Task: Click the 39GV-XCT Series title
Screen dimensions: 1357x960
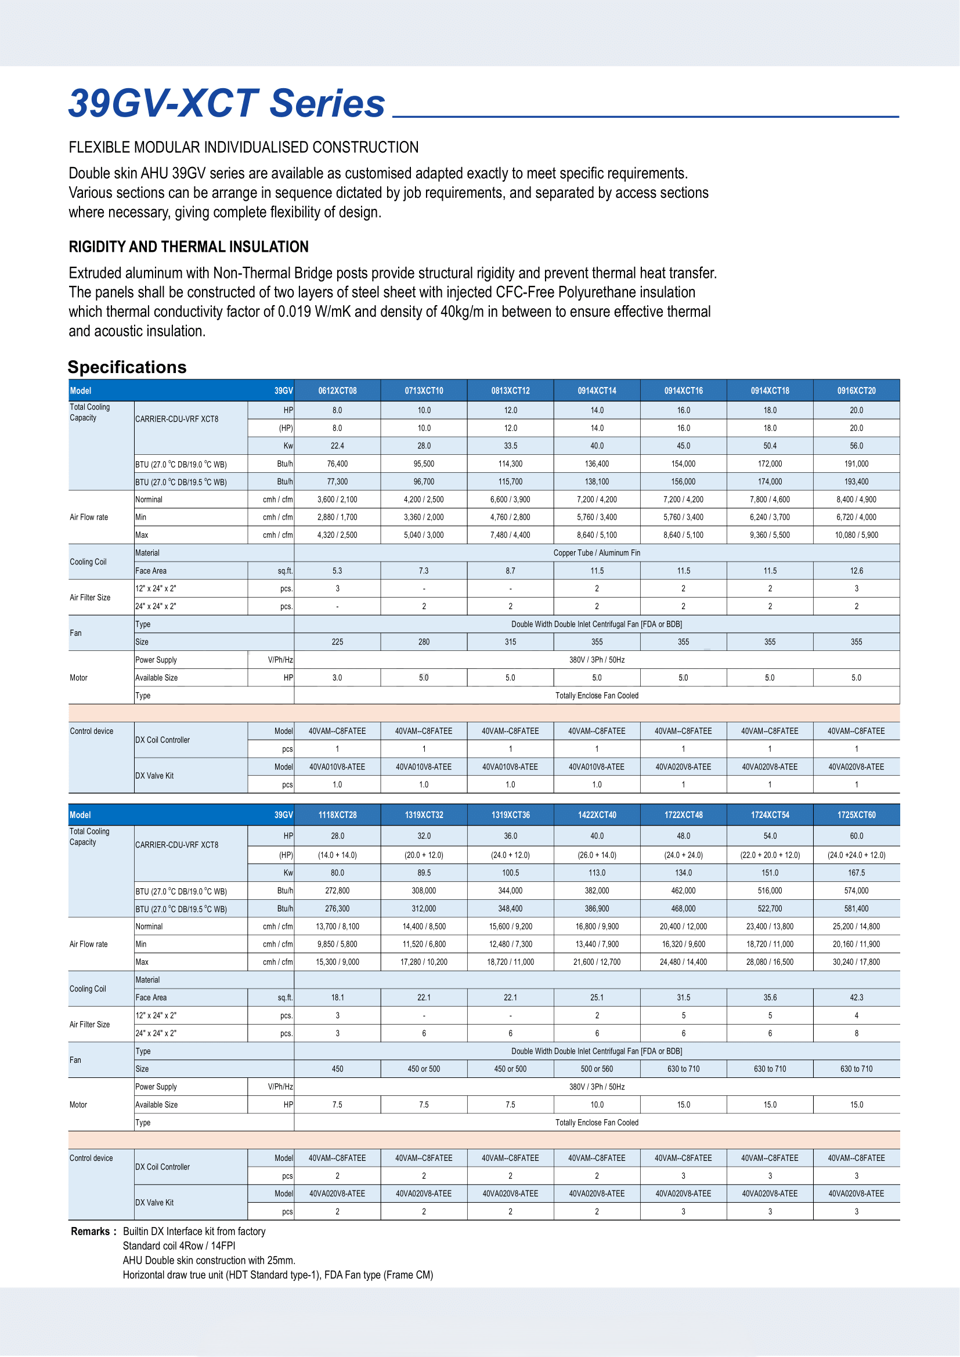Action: tap(227, 103)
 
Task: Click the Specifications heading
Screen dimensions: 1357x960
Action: tap(127, 367)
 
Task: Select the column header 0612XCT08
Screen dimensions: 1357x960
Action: tap(337, 390)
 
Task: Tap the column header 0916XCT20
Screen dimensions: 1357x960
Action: tap(856, 390)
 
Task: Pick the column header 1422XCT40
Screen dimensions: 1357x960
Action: tap(597, 815)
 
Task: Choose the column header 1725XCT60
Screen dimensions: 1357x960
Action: tap(856, 815)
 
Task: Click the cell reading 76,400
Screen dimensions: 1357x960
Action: tap(337, 464)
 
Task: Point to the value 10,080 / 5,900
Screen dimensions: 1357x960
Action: tap(856, 535)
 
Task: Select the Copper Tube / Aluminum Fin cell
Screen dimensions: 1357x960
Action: tap(597, 553)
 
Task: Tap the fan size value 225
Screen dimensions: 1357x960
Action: tap(337, 642)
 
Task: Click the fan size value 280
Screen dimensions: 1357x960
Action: tap(424, 642)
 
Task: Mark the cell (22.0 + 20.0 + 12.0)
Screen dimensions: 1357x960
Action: tap(770, 855)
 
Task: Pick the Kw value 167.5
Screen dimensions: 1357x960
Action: tap(856, 873)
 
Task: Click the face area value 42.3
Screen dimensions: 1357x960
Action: tap(856, 998)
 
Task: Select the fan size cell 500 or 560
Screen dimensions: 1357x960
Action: tap(597, 1069)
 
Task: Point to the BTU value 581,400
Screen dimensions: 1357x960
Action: tap(856, 909)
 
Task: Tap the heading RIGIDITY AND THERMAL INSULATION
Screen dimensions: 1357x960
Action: tap(189, 247)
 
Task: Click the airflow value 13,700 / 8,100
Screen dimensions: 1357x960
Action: tap(337, 926)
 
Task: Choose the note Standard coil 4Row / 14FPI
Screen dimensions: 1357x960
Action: tap(179, 1246)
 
